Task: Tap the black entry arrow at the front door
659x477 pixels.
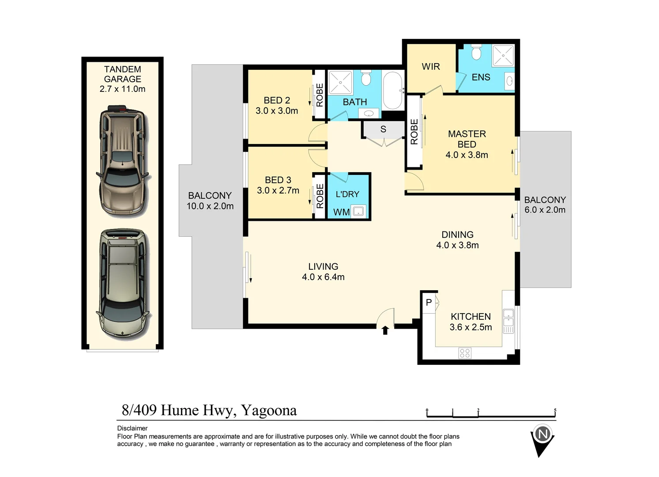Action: (385, 330)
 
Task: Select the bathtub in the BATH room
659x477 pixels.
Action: (392, 91)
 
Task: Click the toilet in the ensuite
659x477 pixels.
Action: (476, 52)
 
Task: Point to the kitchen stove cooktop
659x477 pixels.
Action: (465, 353)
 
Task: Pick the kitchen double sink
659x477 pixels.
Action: (508, 321)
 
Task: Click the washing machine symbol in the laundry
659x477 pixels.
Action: (358, 211)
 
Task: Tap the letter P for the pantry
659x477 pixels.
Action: (429, 302)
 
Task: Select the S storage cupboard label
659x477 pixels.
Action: (383, 129)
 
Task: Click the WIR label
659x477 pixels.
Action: (431, 67)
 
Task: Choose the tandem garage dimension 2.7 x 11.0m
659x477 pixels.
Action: (122, 89)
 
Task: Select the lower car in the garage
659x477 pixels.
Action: (123, 285)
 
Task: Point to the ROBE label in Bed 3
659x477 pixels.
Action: (320, 196)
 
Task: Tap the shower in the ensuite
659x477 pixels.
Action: (503, 55)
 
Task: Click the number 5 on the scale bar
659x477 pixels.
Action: (555, 410)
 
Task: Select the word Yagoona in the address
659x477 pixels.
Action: (269, 411)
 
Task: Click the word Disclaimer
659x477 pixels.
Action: (132, 428)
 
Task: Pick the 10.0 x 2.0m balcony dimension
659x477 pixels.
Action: (210, 206)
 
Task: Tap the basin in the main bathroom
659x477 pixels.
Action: (368, 114)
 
